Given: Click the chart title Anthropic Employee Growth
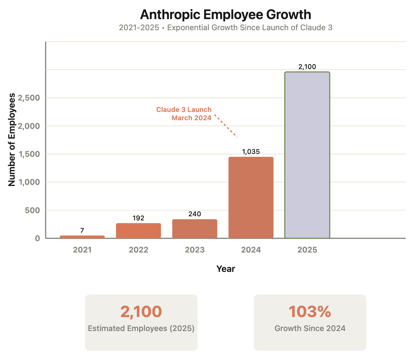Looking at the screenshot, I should pos(225,15).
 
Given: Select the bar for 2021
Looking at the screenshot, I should pos(82,237).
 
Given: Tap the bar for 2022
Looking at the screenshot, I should pos(138,231).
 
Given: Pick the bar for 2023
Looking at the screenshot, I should pos(195,229).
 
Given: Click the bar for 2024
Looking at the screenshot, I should pos(251,197).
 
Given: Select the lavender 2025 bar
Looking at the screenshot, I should pos(307,155).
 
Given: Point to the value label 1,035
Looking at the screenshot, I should pos(251,152).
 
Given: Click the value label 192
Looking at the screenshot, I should pos(138,218).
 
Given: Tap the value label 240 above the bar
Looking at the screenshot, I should pos(195,214).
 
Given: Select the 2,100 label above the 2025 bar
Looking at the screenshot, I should pos(307,67).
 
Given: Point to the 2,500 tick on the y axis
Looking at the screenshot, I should pos(29,98).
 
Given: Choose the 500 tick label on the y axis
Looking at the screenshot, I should pos(33,211).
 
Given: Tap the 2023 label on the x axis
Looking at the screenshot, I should pos(195,250).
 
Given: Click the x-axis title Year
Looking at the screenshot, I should pos(226,269).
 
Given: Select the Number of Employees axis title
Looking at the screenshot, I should pos(12,140).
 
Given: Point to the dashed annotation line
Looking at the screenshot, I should pos(226,126).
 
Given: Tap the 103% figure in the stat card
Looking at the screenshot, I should pos(310,312).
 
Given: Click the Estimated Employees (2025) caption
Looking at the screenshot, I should pos(141,329).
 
